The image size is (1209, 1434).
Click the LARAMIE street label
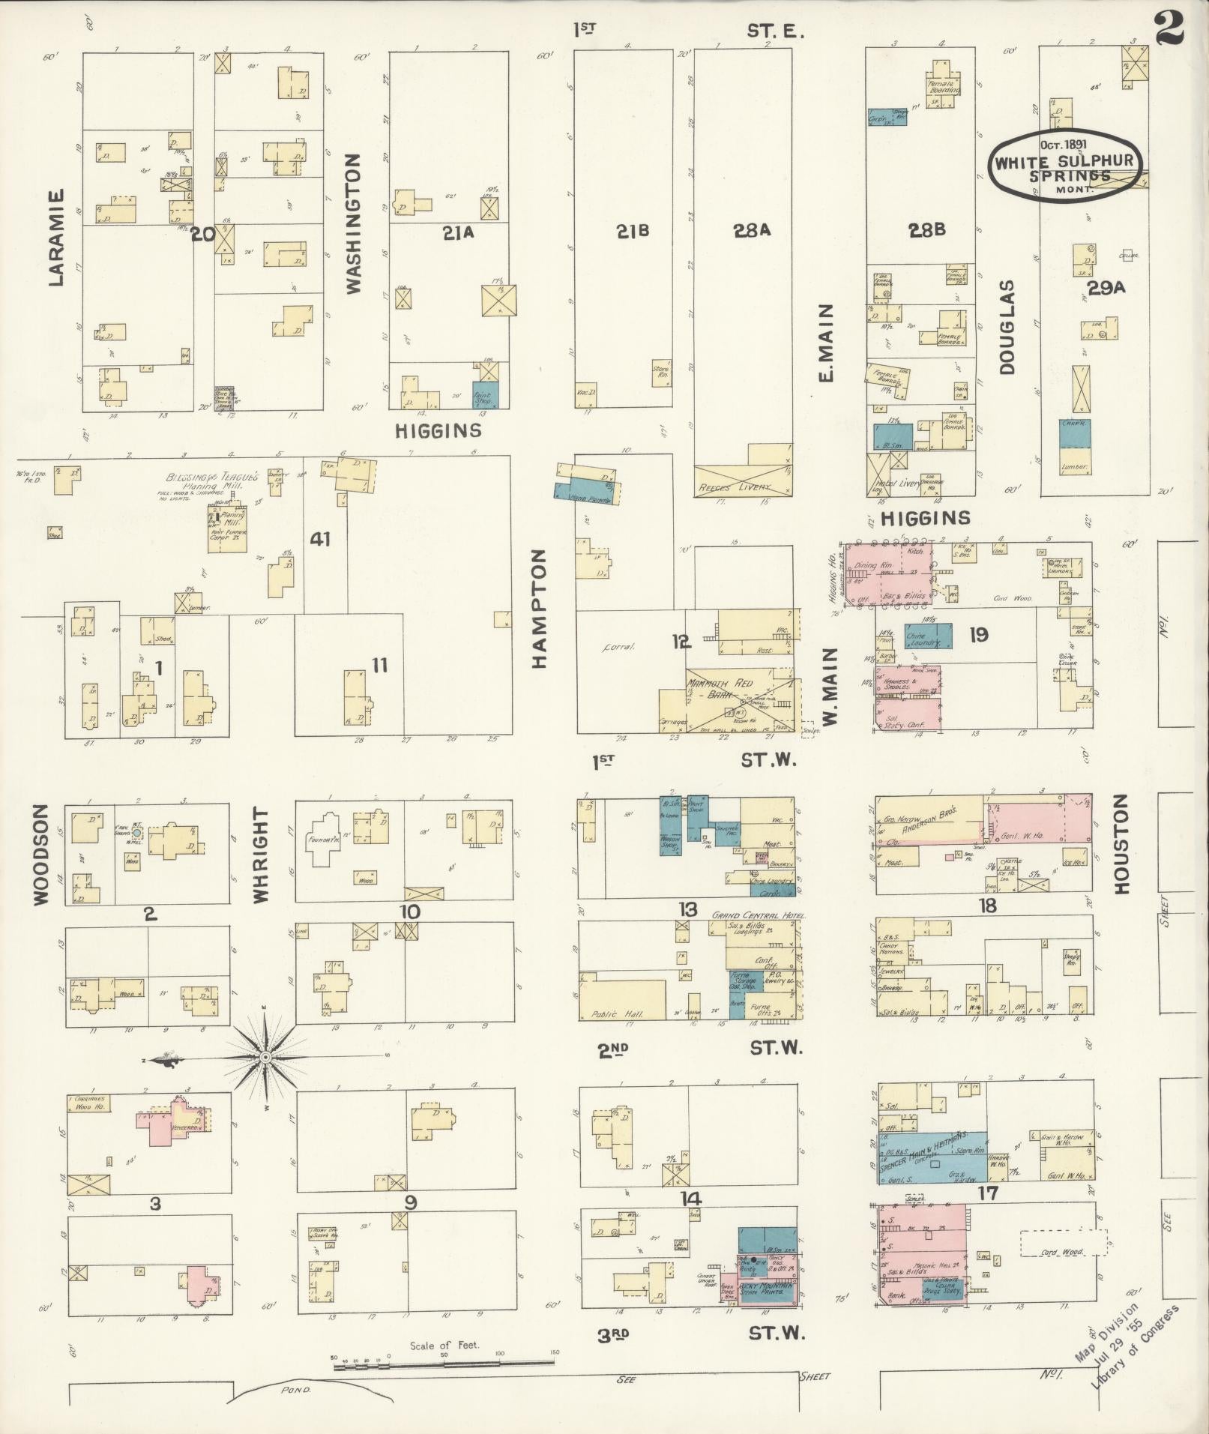(x=56, y=237)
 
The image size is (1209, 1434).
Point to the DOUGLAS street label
(x=1006, y=327)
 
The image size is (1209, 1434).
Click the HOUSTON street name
(x=1121, y=844)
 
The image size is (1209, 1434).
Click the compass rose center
(x=265, y=1057)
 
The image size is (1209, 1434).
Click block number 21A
(x=458, y=233)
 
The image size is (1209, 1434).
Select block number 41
(x=320, y=537)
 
